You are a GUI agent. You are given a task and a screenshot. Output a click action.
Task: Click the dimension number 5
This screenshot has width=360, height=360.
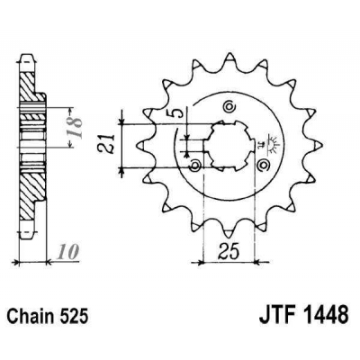(180, 114)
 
